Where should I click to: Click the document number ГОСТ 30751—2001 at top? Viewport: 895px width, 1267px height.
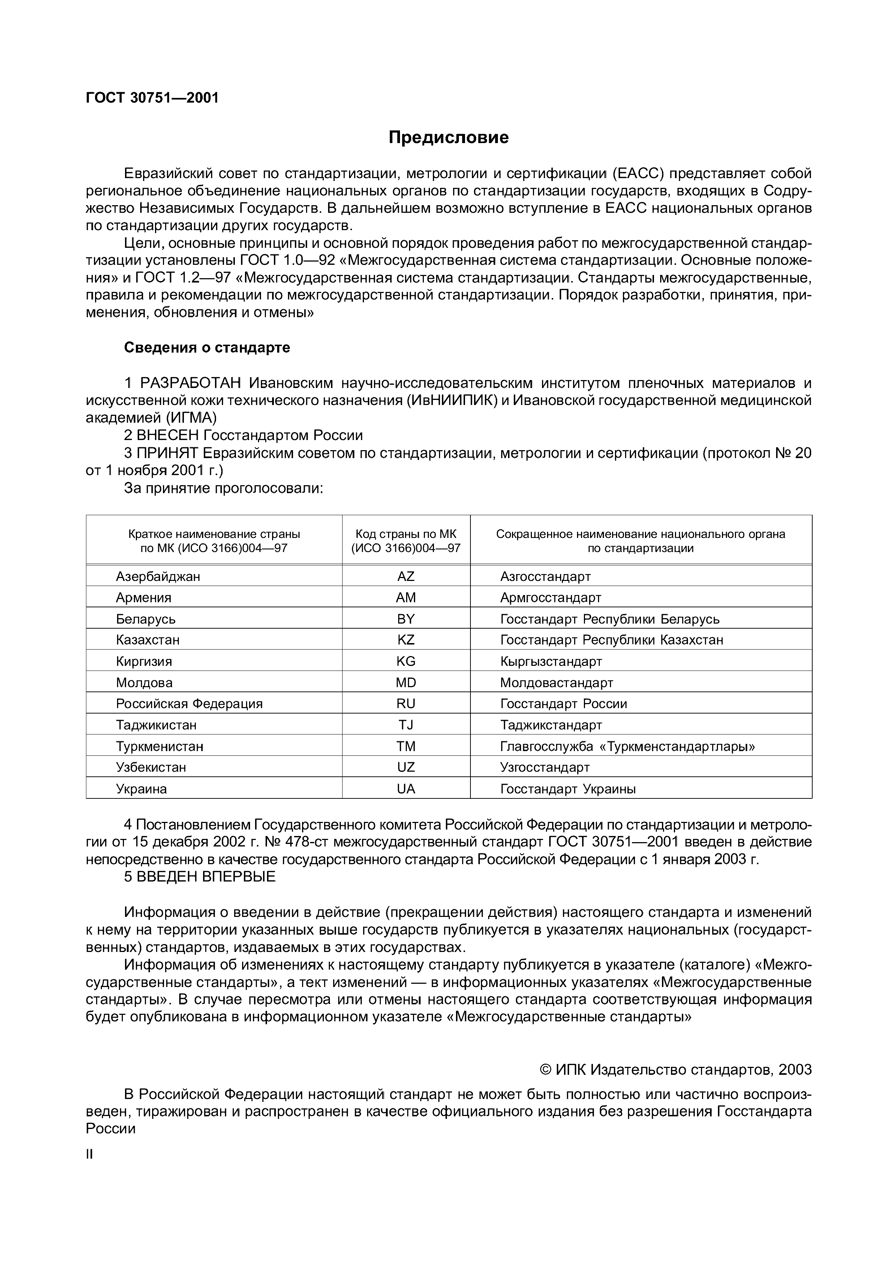coord(152,98)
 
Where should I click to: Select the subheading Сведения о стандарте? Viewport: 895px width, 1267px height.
coord(207,348)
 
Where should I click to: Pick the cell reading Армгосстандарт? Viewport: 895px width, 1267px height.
coord(550,598)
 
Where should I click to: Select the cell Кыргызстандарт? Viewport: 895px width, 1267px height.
coord(551,661)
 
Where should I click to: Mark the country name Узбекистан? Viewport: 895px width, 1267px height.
coord(151,768)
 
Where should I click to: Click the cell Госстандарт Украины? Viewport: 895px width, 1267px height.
coord(568,789)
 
